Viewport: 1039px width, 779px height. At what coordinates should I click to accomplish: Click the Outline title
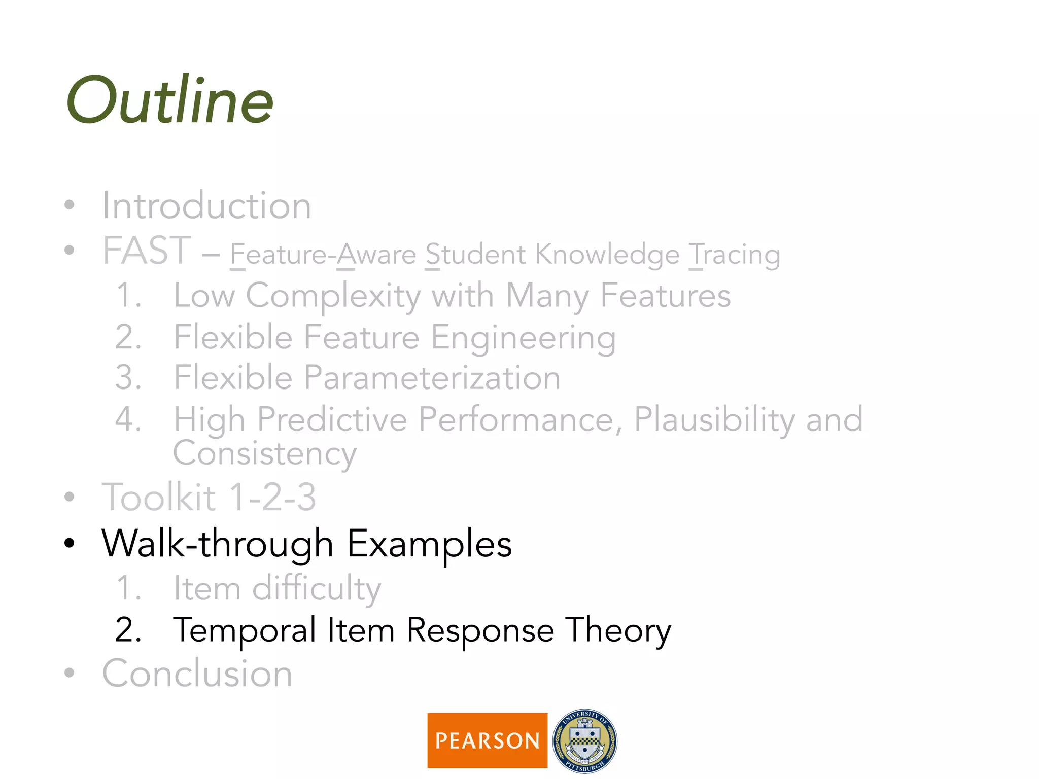(170, 100)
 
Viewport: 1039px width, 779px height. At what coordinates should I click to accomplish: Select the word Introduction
(206, 205)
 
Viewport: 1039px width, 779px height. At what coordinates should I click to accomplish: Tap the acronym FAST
(147, 251)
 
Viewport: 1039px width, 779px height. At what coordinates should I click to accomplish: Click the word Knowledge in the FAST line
(607, 254)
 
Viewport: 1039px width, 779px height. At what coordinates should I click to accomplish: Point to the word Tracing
(734, 254)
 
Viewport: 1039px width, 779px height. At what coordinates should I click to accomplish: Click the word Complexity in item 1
(333, 296)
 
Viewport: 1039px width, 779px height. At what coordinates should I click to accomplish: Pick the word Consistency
(264, 453)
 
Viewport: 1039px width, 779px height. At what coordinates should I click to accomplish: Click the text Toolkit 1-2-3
(209, 497)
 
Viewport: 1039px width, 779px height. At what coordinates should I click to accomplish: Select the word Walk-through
(217, 544)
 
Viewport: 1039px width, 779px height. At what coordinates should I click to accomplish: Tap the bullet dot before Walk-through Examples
(70, 544)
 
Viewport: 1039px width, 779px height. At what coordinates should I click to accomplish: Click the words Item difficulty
(277, 588)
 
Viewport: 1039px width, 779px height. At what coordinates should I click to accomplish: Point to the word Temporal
(245, 630)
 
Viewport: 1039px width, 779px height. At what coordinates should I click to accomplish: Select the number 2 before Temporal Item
(127, 630)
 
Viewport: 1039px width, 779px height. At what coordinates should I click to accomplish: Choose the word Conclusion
(197, 674)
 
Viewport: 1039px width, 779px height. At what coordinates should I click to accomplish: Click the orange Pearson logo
(487, 740)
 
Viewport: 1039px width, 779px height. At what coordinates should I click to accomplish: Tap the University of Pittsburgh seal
(584, 740)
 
